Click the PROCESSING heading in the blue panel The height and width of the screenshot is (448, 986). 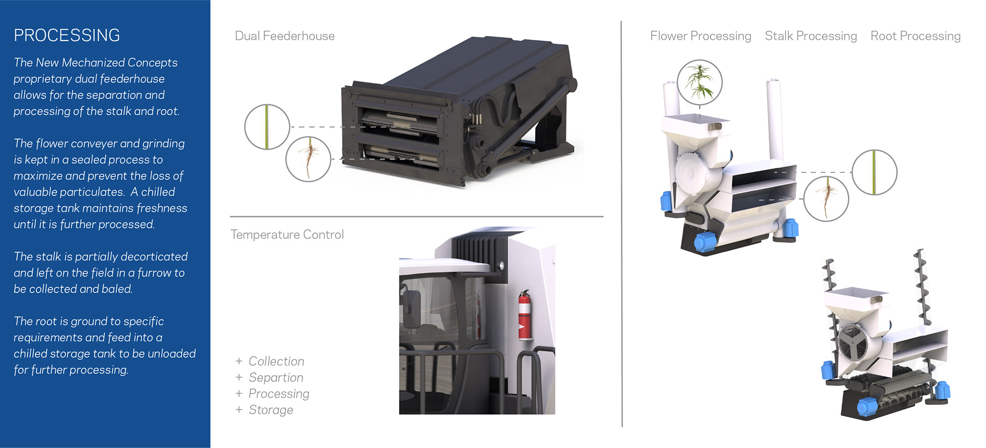pyautogui.click(x=67, y=35)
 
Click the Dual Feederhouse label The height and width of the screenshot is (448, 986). pyautogui.click(x=285, y=36)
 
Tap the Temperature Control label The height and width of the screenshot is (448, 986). pyautogui.click(x=287, y=235)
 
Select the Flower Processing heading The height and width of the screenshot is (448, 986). pyautogui.click(x=700, y=36)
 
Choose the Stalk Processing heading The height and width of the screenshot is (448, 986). pyautogui.click(x=811, y=36)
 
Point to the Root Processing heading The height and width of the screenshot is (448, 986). pyautogui.click(x=916, y=36)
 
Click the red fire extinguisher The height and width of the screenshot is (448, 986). pyautogui.click(x=524, y=315)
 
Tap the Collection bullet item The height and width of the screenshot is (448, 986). pyautogui.click(x=276, y=361)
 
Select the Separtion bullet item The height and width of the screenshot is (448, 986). pyautogui.click(x=276, y=378)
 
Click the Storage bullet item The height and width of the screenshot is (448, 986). pyautogui.click(x=271, y=410)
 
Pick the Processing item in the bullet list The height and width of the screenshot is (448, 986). pyautogui.click(x=279, y=394)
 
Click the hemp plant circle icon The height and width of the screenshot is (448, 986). pyautogui.click(x=699, y=82)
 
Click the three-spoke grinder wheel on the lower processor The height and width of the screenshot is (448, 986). pyautogui.click(x=853, y=343)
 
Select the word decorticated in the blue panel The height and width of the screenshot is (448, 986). pyautogui.click(x=154, y=257)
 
